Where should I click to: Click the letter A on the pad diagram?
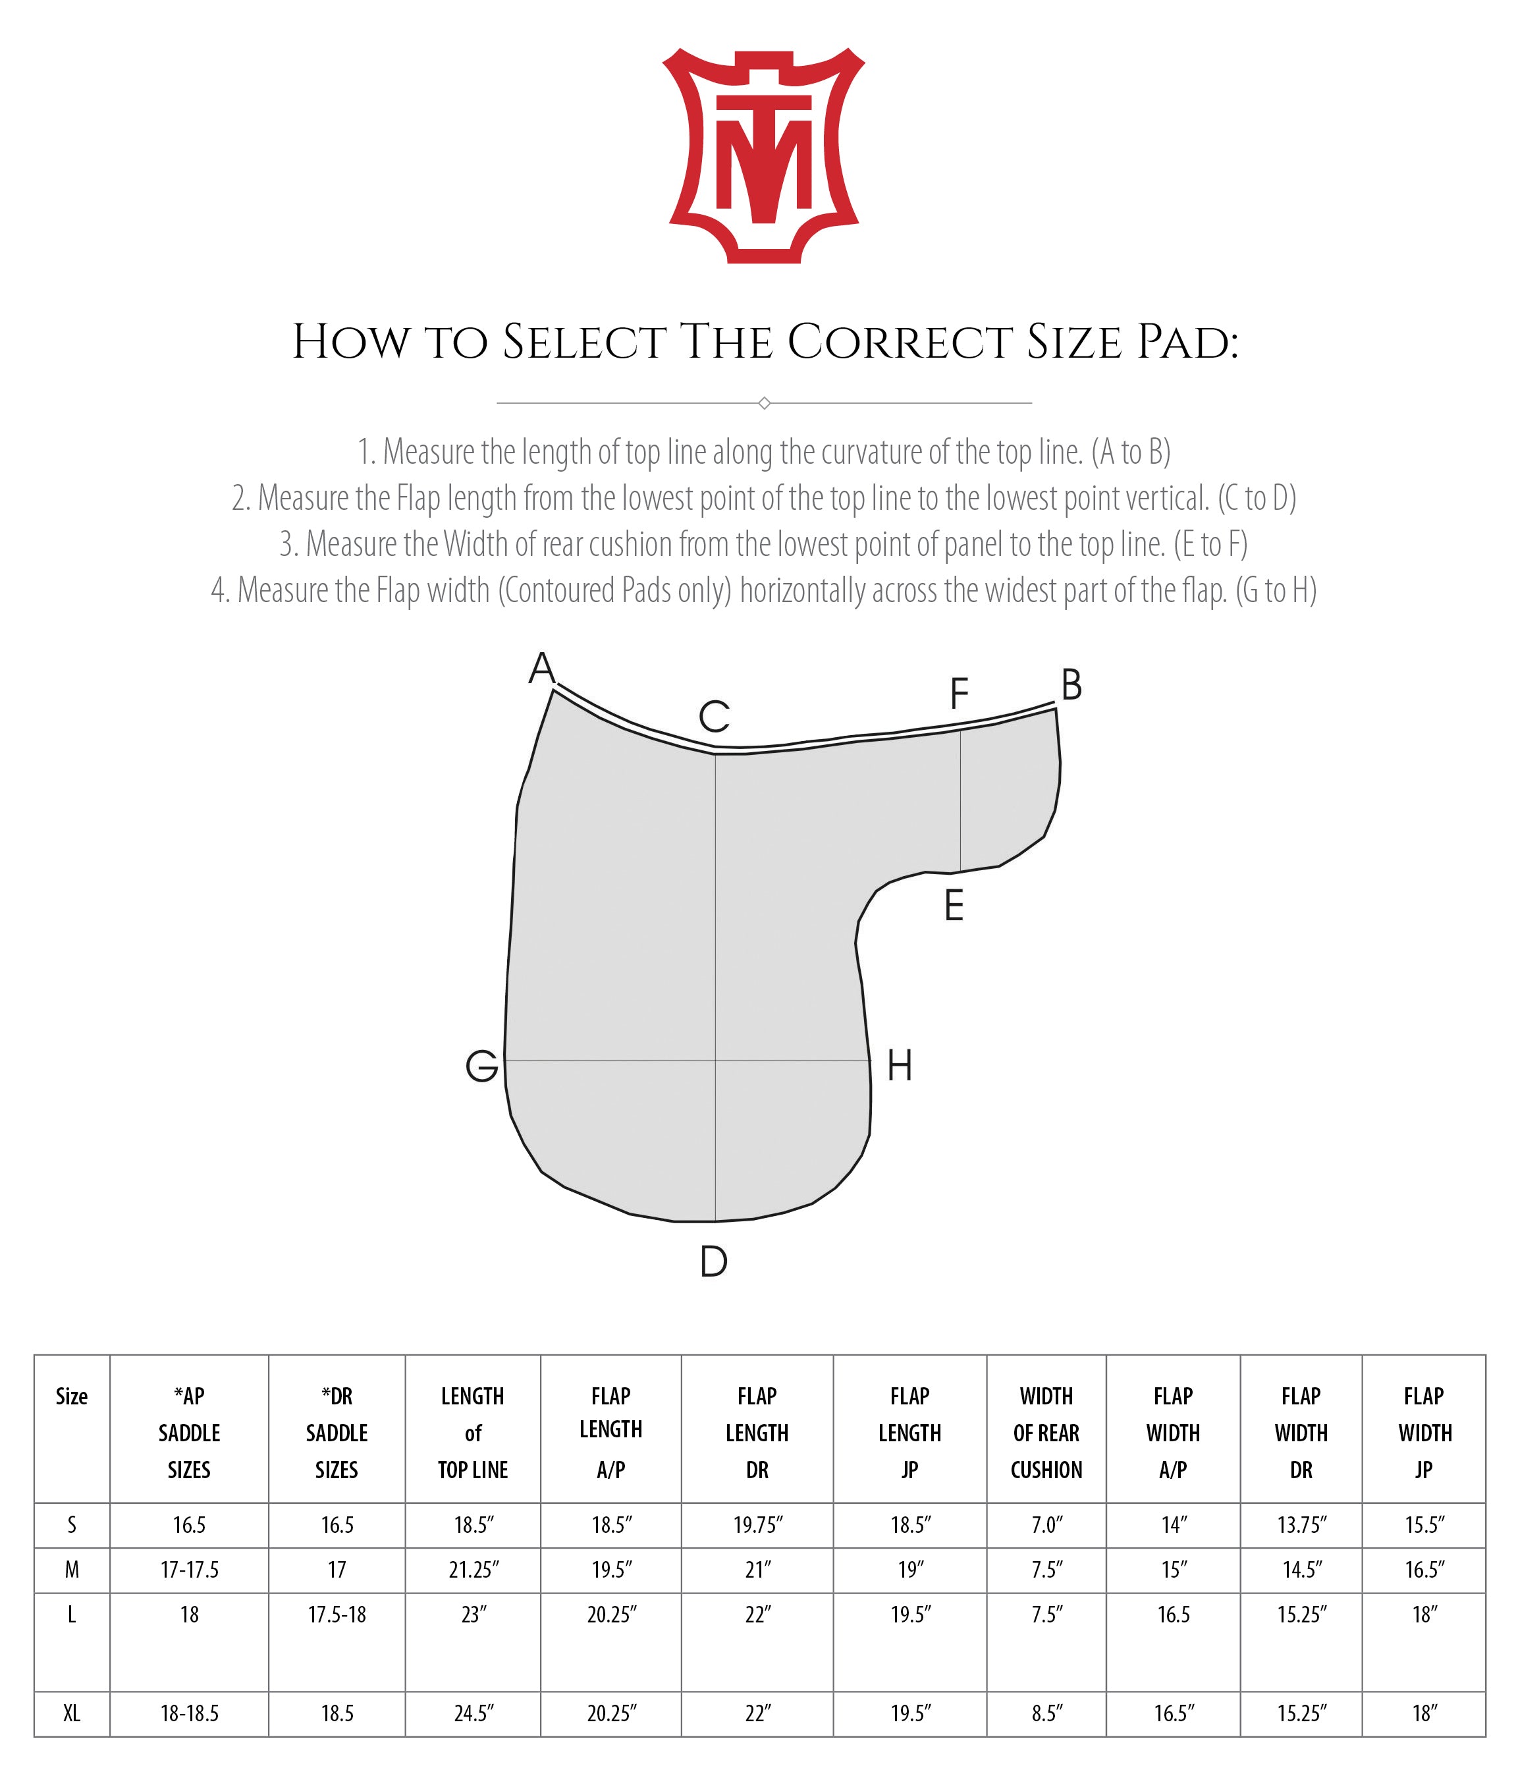point(542,668)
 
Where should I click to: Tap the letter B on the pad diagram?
point(1071,685)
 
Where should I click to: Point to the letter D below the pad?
point(713,1261)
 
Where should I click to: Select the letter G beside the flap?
point(482,1066)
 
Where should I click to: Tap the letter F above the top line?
point(959,694)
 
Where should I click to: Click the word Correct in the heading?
point(899,343)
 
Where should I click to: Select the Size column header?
point(72,1397)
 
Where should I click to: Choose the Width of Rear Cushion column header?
point(1046,1433)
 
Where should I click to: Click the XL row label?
point(72,1713)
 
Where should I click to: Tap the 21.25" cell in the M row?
point(474,1569)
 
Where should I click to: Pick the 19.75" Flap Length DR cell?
point(757,1525)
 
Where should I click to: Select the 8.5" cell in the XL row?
point(1046,1713)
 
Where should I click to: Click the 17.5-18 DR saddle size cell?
point(337,1615)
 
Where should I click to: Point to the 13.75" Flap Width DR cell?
point(1301,1525)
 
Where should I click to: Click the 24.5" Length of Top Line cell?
point(474,1713)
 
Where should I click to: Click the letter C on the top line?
point(714,717)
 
